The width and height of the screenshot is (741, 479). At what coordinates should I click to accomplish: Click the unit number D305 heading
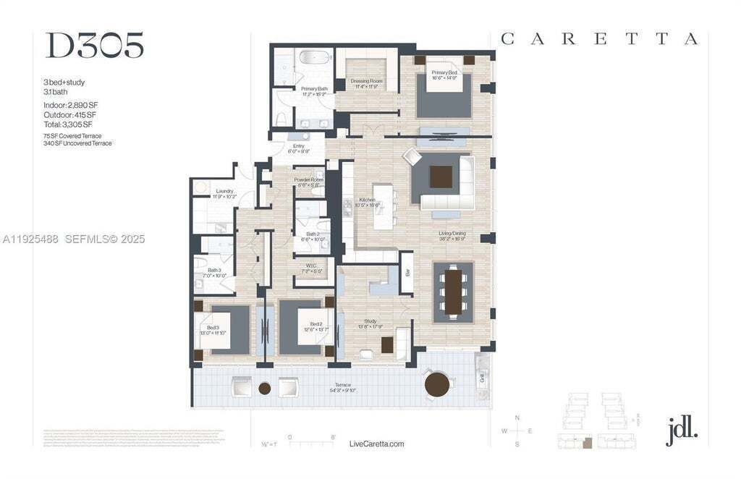(x=94, y=45)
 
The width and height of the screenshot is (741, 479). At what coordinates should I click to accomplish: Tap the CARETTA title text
(x=599, y=39)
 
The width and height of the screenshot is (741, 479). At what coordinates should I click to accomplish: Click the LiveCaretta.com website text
(x=376, y=444)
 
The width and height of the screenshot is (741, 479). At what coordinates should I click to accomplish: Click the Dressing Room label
(x=366, y=83)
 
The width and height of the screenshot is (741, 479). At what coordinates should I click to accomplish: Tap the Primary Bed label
(x=444, y=75)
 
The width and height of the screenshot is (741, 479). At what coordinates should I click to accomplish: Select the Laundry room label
(x=224, y=193)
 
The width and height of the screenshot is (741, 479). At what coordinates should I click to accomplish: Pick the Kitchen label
(x=367, y=201)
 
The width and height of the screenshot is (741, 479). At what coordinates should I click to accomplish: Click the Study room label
(x=370, y=323)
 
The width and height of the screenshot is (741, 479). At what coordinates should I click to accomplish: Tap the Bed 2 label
(x=316, y=326)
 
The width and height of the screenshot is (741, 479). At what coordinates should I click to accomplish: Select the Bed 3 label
(x=213, y=330)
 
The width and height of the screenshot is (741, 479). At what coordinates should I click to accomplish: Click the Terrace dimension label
(x=342, y=387)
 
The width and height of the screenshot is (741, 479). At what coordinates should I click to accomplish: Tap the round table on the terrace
(x=438, y=384)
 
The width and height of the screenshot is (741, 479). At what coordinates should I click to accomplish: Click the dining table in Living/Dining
(x=453, y=292)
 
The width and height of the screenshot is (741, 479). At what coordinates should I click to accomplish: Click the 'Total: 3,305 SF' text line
(x=67, y=124)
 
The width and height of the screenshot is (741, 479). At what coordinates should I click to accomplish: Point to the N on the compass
(x=517, y=418)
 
